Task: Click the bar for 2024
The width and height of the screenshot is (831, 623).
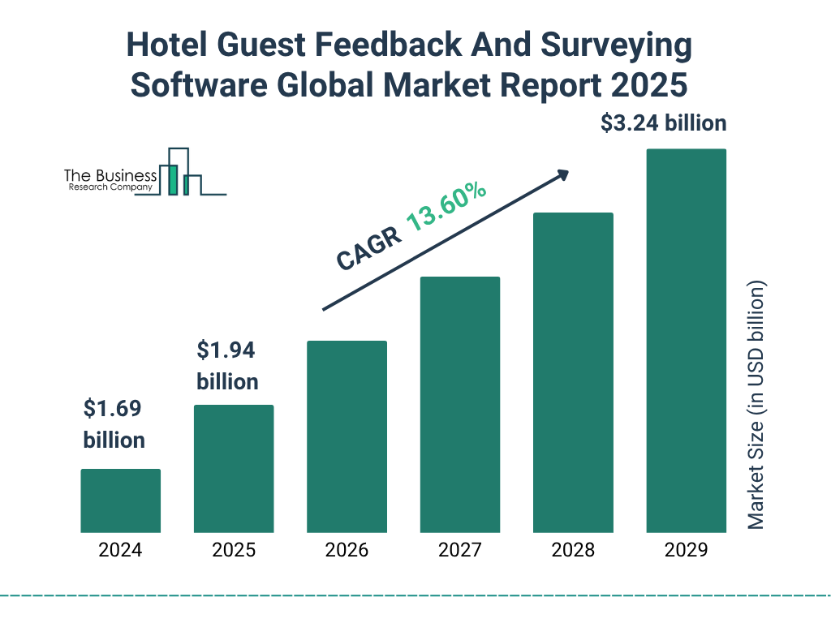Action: coord(120,501)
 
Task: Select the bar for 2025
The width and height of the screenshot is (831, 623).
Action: coord(234,469)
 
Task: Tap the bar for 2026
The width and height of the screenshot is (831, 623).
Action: coord(347,436)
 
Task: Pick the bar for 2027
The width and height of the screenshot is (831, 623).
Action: coord(459,405)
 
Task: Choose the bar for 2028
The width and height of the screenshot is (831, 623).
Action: coord(573,372)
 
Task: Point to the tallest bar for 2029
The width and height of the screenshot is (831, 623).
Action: coord(686,341)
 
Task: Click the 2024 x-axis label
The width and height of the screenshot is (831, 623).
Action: coord(120,551)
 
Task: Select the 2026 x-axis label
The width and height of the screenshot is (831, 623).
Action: coord(347,551)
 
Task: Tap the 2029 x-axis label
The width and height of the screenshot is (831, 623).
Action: coord(686,551)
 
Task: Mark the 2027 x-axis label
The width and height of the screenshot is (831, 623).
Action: coord(459,551)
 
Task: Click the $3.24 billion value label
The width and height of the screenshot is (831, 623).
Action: coord(663,124)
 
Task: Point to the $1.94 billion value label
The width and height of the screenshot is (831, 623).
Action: coord(227,366)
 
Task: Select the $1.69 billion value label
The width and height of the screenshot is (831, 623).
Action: coord(114,424)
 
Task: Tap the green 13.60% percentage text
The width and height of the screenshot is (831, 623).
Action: coord(446,206)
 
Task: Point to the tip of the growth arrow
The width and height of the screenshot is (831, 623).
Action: coord(567,172)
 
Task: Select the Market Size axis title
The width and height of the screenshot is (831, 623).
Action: coord(756,406)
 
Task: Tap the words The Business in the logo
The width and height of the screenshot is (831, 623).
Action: coord(110,176)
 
